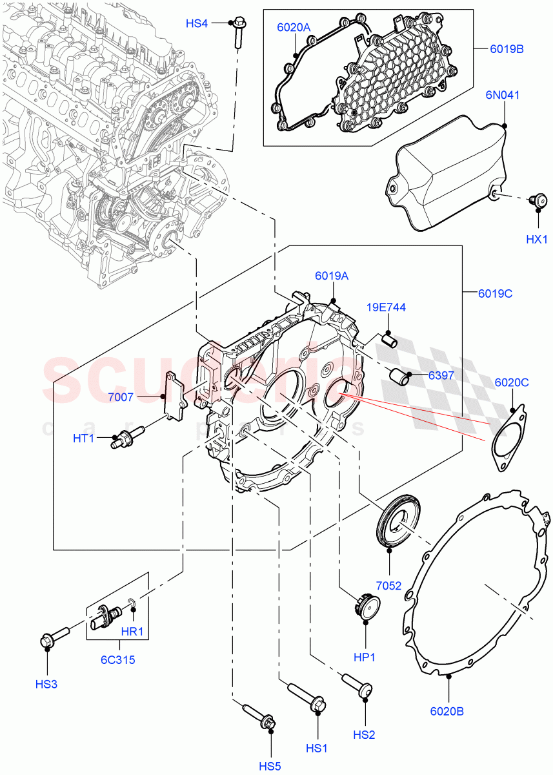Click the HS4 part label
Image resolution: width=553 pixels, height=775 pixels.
pos(197,24)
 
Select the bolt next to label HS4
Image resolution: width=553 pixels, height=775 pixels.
pos(237,33)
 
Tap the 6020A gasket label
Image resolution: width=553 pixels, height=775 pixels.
pos(294,28)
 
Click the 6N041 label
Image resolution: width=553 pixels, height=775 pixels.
pos(503,95)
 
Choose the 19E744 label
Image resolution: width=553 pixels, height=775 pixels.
pos(387,307)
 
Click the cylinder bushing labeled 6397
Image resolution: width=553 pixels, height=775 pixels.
pos(398,377)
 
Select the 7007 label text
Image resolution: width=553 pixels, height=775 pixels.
pos(121,397)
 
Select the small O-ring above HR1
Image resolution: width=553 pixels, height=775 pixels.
pos(132,604)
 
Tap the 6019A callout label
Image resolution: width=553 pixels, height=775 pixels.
pos(332,276)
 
